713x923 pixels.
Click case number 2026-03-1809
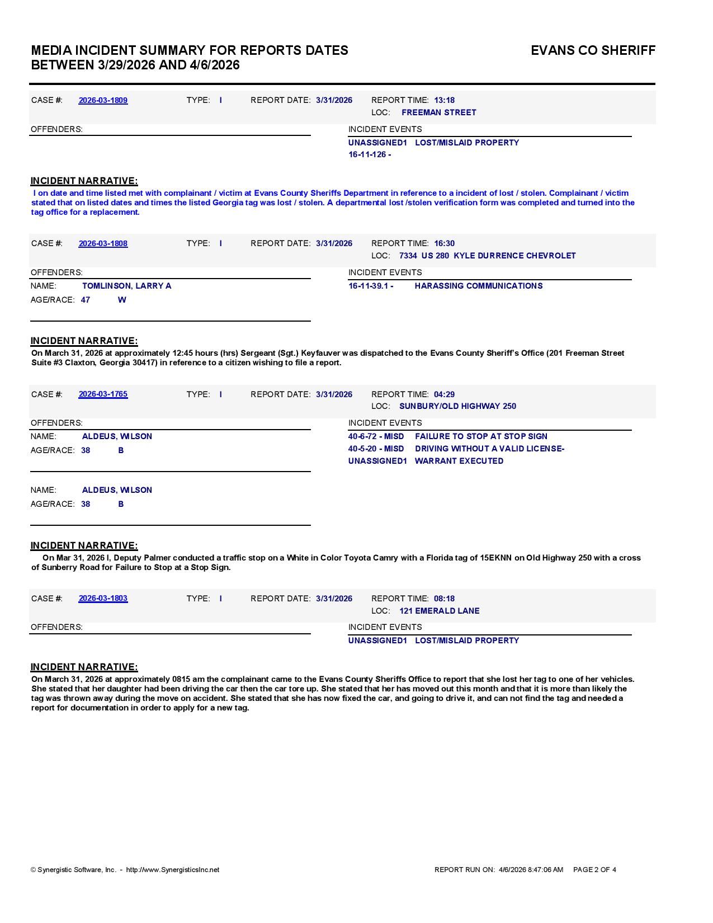[103, 100]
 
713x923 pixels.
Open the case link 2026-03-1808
[103, 243]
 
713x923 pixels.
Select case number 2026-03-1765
[103, 394]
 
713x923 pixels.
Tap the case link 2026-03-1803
[103, 598]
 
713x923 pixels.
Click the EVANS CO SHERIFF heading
[593, 50]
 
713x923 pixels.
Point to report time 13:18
[444, 100]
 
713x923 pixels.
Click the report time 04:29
[444, 394]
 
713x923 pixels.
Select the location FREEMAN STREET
[438, 112]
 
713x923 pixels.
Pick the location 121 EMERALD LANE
[439, 611]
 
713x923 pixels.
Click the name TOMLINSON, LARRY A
[126, 286]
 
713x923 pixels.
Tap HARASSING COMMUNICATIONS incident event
[478, 286]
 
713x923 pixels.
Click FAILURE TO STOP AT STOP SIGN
[481, 436]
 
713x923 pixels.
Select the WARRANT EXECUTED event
[459, 461]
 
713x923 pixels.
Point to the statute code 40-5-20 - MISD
[376, 449]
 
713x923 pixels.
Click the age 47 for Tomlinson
[86, 300]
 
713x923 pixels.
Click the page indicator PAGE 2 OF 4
[594, 870]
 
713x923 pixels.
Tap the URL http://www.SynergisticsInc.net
[172, 870]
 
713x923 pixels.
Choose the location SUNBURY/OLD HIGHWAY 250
[457, 406]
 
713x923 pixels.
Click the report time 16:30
[444, 243]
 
